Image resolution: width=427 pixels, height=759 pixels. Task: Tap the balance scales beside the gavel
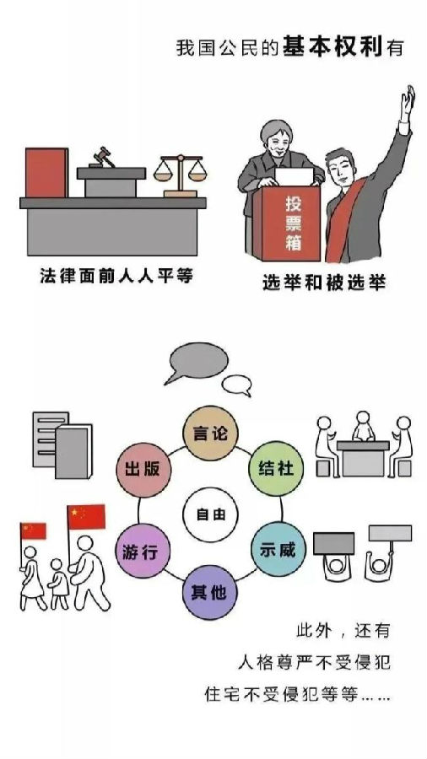click(180, 175)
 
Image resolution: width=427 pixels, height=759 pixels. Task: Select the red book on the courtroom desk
click(46, 173)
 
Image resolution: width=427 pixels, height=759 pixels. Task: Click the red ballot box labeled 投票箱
click(287, 223)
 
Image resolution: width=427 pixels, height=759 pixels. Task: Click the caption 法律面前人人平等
click(116, 276)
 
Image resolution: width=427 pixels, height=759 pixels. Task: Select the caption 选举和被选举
click(323, 283)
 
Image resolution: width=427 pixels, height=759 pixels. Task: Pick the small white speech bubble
click(237, 385)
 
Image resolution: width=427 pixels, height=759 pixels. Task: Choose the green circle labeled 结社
click(276, 468)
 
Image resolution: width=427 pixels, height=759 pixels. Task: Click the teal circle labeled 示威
click(278, 549)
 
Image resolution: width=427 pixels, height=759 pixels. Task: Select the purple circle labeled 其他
click(210, 592)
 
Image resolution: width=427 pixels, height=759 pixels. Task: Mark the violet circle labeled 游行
click(143, 551)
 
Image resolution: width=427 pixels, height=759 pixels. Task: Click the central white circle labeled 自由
click(210, 514)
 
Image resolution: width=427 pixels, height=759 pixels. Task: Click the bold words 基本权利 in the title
click(333, 47)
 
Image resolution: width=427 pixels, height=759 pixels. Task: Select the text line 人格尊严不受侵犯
click(314, 662)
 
